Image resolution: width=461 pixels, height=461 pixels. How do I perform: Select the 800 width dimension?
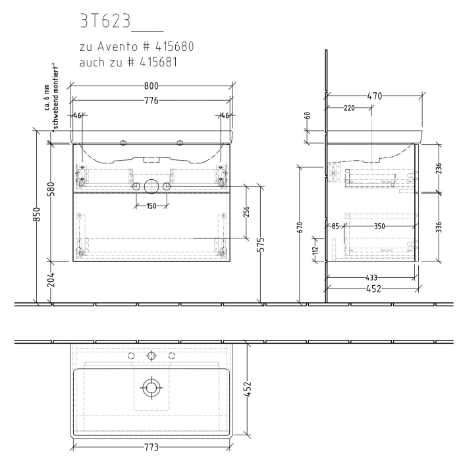click(x=151, y=86)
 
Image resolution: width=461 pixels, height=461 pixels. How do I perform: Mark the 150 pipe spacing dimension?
click(x=151, y=206)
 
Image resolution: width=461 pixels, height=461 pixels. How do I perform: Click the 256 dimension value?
click(x=246, y=212)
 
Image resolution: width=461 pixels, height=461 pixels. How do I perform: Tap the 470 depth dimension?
click(x=374, y=96)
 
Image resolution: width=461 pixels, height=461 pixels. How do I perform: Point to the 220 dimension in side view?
click(x=349, y=108)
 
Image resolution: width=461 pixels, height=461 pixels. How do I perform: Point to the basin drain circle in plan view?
click(x=151, y=387)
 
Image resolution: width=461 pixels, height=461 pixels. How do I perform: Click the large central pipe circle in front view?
click(x=151, y=187)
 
